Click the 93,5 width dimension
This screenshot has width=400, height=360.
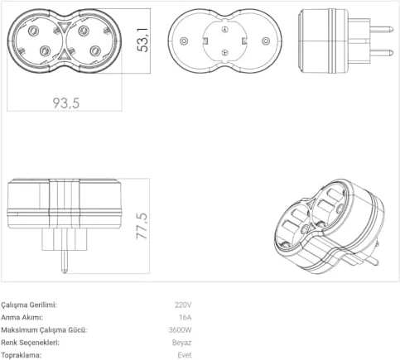click(66, 103)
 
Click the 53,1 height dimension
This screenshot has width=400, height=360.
click(142, 40)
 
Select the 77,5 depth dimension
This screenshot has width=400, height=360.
click(142, 226)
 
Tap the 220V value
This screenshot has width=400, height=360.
click(183, 305)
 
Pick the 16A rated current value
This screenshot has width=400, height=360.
click(185, 317)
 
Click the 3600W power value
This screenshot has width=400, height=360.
click(180, 330)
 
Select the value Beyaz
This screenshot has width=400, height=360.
click(181, 343)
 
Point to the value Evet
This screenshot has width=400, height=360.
click(185, 355)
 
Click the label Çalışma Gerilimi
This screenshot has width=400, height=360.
click(29, 305)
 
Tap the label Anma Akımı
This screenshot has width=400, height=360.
click(22, 317)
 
